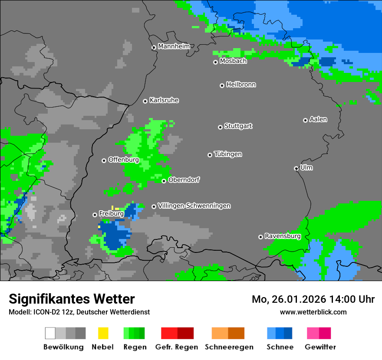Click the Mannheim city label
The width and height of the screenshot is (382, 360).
click(174, 46)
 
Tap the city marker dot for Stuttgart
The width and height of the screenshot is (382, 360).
click(220, 127)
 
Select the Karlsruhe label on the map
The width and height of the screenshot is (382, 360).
click(164, 100)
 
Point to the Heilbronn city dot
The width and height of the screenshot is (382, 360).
click(222, 85)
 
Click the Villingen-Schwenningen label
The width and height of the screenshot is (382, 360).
click(194, 206)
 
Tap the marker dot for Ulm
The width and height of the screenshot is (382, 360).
click(296, 168)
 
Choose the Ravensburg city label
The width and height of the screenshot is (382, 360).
click(283, 236)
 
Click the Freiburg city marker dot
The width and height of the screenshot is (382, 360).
click(95, 215)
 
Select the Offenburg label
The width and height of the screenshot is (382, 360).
click(124, 160)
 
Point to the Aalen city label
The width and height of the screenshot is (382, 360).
click(318, 119)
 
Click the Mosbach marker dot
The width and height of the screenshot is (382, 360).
click(215, 62)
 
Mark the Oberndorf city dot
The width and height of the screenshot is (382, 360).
click(164, 181)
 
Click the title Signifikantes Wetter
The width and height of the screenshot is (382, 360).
click(72, 299)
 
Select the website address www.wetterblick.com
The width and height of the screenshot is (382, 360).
click(313, 312)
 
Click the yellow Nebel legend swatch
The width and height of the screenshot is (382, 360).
click(103, 333)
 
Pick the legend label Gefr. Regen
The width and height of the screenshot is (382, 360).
click(177, 347)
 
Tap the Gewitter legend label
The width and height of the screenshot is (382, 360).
click(320, 347)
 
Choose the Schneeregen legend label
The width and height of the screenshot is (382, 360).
click(229, 347)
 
